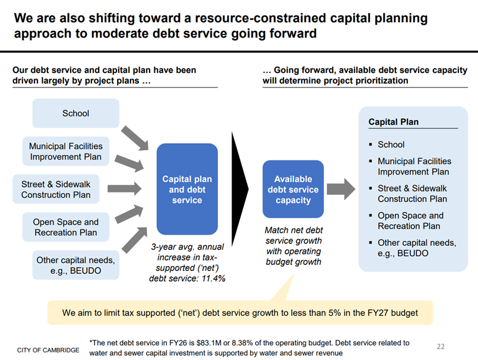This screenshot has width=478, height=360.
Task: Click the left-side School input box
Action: pos(75,113)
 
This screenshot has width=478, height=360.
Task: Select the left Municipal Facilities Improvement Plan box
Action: pos(65,151)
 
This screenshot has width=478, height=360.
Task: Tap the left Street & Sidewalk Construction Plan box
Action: pos(56,190)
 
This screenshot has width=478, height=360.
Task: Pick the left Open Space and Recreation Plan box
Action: pos(66,227)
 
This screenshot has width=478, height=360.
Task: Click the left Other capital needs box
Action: pos(75,265)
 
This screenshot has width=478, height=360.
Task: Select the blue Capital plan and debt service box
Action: pos(187,190)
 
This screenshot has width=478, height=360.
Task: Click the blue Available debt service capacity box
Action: pos(293,190)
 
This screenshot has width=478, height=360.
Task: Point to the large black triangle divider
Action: pos(239,189)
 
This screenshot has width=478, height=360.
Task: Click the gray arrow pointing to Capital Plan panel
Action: pos(340,189)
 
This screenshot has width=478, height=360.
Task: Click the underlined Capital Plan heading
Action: pos(393,122)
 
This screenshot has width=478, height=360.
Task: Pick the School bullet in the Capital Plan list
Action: pos(391,144)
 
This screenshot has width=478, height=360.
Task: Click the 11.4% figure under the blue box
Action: pos(213,278)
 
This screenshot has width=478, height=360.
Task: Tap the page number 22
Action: pos(440,346)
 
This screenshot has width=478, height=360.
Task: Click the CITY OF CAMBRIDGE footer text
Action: pos(48,350)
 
